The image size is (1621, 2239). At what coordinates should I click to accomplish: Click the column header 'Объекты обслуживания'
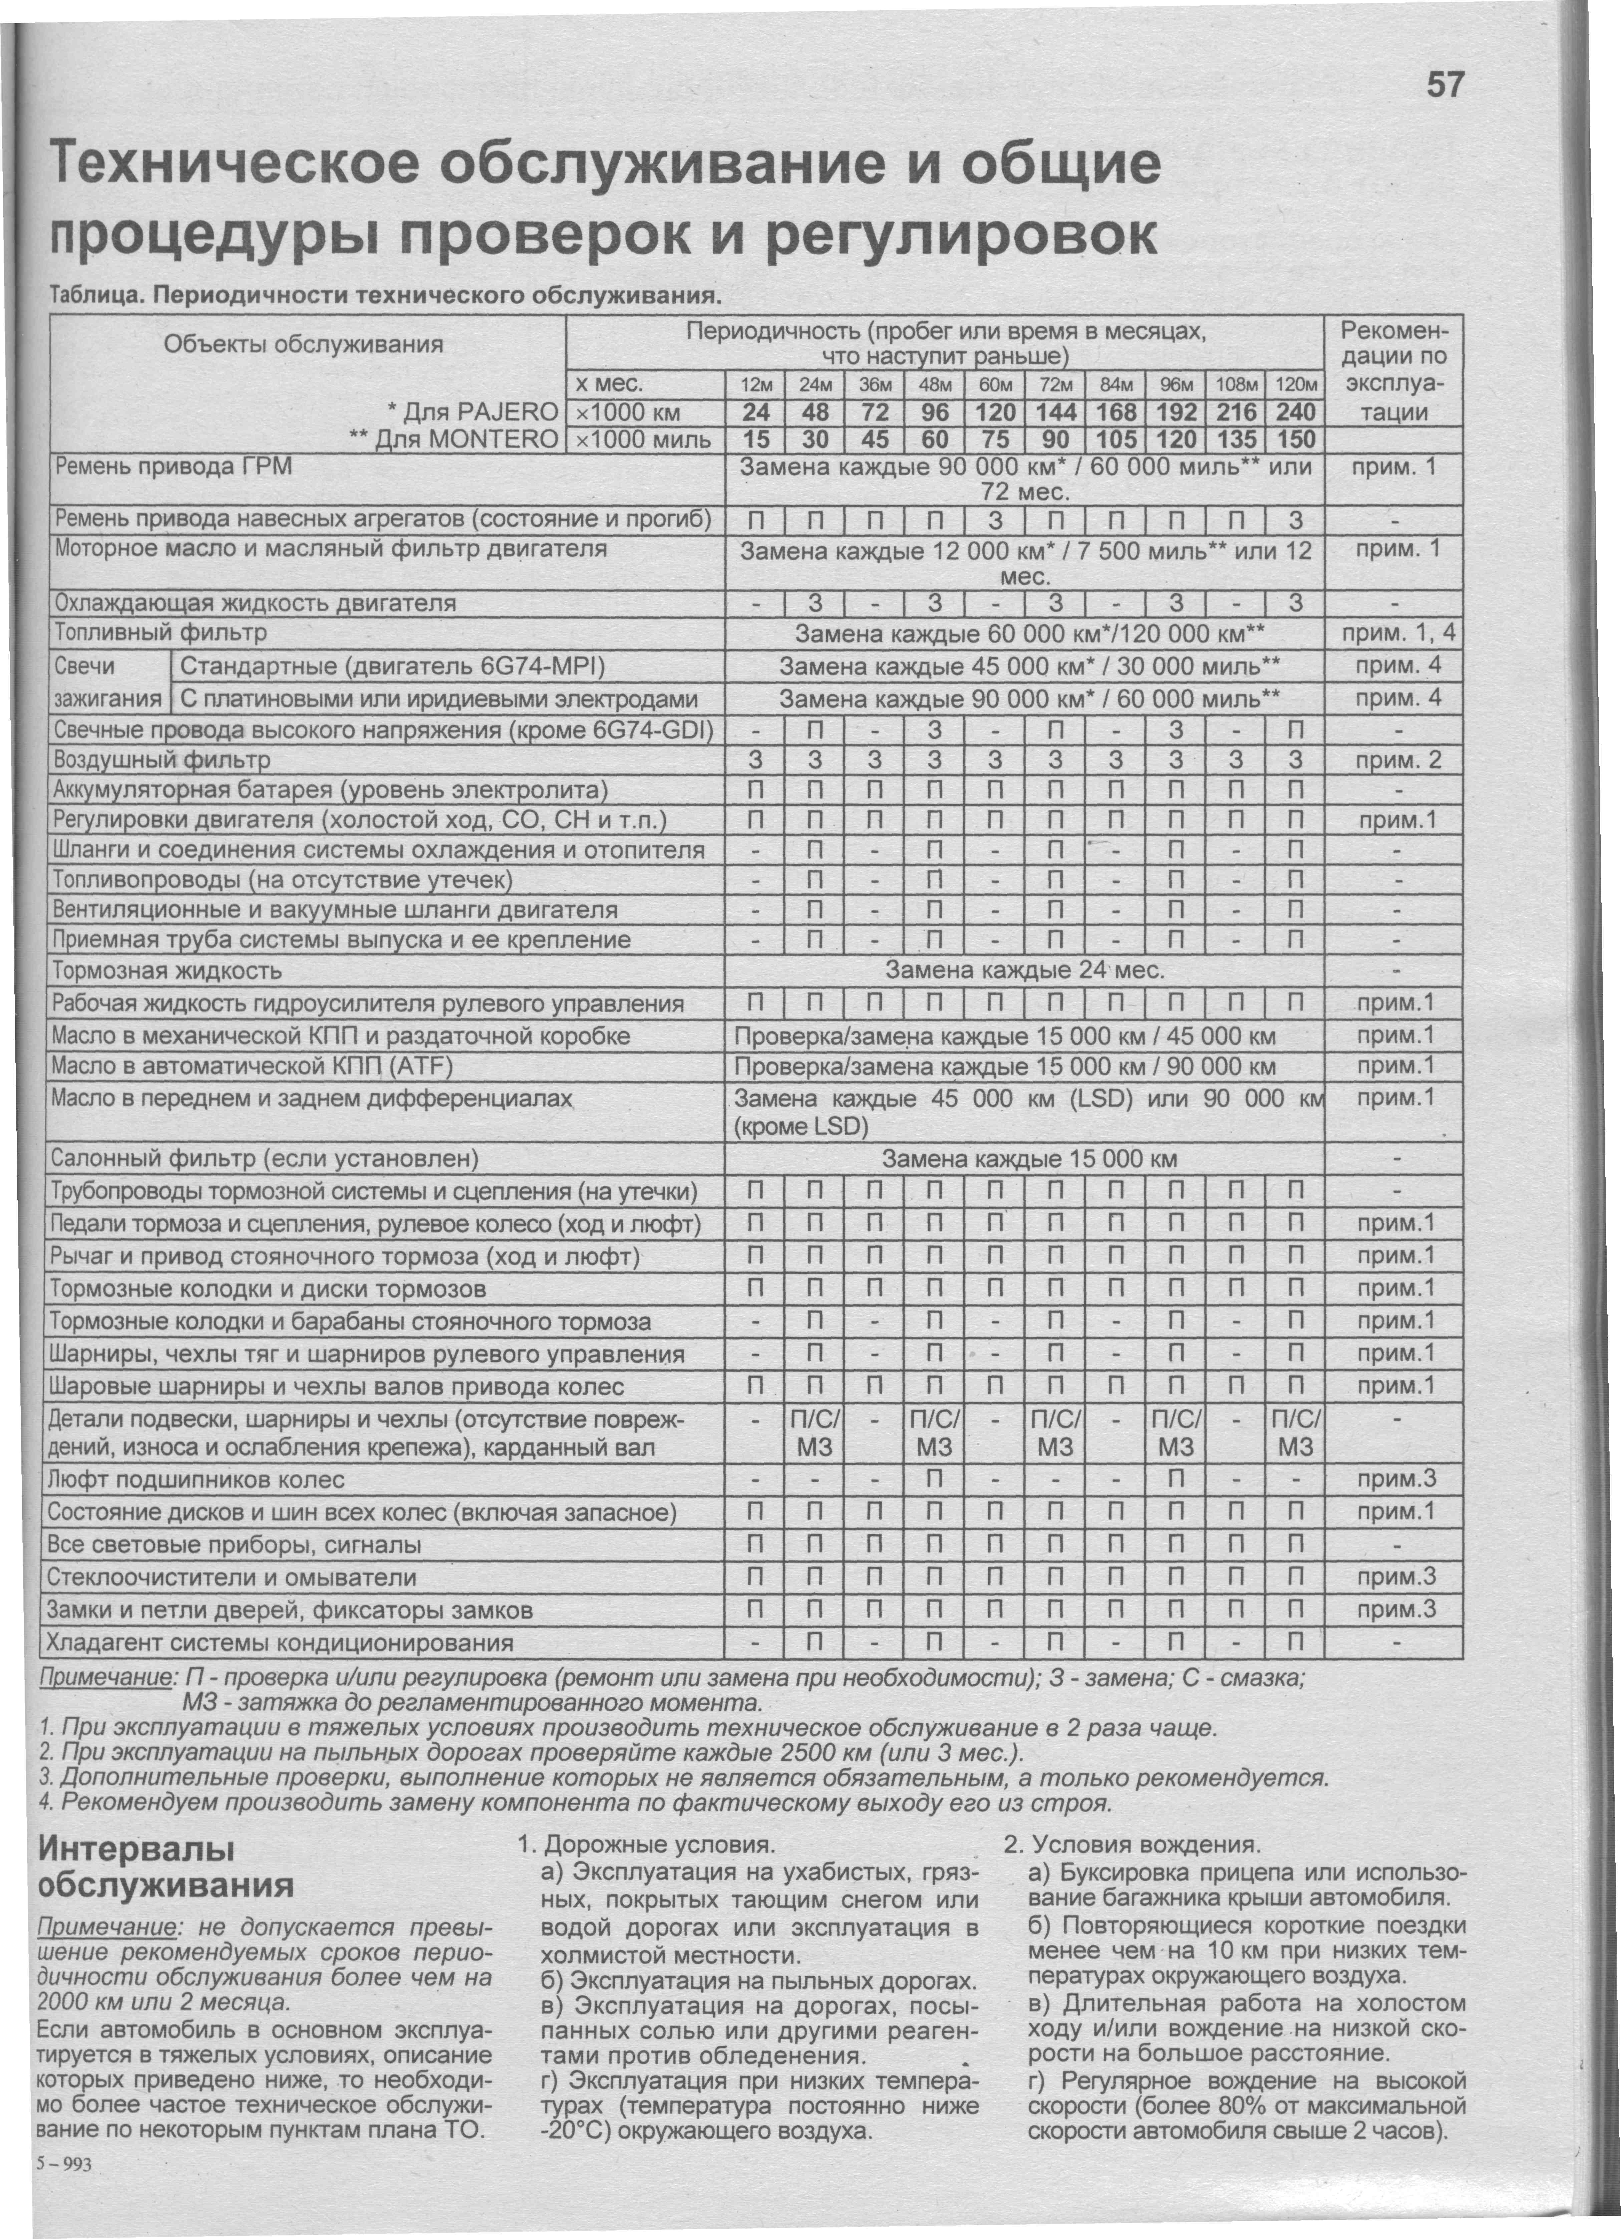click(x=303, y=344)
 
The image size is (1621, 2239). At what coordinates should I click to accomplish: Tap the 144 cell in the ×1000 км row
click(x=1055, y=411)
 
